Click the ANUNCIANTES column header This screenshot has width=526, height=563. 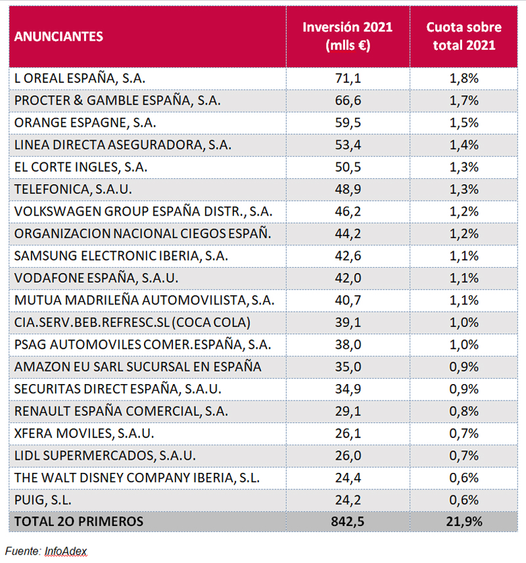(59, 36)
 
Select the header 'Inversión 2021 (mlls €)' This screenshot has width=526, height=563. (348, 36)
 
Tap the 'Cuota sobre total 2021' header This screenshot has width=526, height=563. (464, 36)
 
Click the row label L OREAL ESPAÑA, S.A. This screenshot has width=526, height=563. (80, 78)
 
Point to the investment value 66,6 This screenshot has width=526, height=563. (348, 101)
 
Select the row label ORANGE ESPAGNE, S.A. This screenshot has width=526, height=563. (85, 123)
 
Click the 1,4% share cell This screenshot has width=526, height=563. (464, 145)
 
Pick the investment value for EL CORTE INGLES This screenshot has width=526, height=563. (348, 167)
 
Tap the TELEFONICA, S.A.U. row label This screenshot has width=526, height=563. (73, 189)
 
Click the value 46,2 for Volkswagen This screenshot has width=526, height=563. (348, 212)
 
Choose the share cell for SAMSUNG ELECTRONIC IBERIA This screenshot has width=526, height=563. (464, 256)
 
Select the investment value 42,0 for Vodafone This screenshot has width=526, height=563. (348, 278)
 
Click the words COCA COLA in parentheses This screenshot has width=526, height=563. (211, 322)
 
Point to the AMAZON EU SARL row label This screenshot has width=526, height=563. (137, 367)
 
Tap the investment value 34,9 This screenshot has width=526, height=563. (348, 389)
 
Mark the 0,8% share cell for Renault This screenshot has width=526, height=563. (464, 412)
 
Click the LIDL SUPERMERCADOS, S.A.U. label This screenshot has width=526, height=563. (105, 456)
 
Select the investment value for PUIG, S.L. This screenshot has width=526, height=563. (348, 500)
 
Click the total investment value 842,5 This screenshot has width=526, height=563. (348, 522)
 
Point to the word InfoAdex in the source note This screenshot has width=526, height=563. (66, 551)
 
